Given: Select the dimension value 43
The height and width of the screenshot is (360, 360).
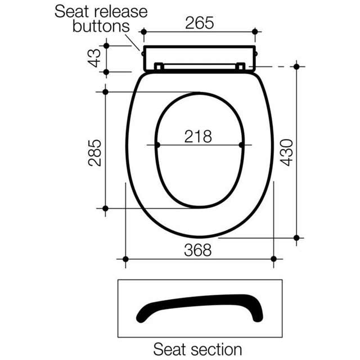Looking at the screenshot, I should [x=95, y=58].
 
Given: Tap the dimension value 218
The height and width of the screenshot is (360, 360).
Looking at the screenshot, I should [x=199, y=136].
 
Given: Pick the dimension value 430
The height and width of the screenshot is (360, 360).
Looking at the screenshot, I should [x=287, y=152].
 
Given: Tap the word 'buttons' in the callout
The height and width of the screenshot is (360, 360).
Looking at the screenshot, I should [x=101, y=26].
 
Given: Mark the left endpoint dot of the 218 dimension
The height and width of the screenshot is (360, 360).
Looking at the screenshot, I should [x=157, y=145].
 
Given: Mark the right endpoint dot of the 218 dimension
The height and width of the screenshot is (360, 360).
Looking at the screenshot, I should [x=242, y=145].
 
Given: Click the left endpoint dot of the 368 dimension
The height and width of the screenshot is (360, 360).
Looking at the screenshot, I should [x=125, y=259].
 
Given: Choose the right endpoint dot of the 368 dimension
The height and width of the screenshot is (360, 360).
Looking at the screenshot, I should [x=273, y=259].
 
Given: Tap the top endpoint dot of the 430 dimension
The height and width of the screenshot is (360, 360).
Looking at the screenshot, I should [x=296, y=66].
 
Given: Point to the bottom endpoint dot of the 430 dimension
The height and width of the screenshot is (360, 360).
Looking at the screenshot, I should [x=296, y=237].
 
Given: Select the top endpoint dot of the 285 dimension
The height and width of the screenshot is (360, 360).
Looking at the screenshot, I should [x=105, y=92].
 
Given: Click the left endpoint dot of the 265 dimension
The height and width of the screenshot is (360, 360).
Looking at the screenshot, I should [x=143, y=31].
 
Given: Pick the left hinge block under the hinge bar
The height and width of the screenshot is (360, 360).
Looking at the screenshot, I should [x=159, y=67].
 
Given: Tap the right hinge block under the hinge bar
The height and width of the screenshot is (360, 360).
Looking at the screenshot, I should [x=240, y=67].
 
